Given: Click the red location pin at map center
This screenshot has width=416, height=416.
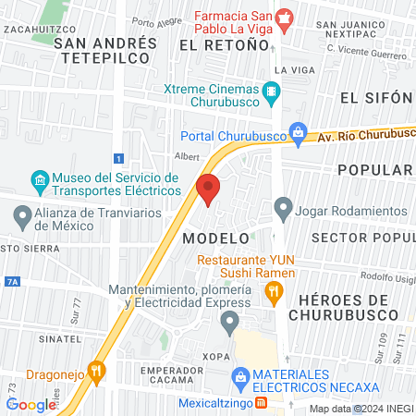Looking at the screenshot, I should pyautogui.click(x=208, y=188).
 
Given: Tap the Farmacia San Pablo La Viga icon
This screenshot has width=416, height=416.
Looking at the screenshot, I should pyautogui.click(x=285, y=17).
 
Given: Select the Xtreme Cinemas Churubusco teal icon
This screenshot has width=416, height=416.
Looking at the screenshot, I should pyautogui.click(x=271, y=91).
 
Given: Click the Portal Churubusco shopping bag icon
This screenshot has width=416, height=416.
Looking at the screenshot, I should pyautogui.click(x=298, y=135).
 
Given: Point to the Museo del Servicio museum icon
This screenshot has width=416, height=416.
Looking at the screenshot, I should pyautogui.click(x=40, y=179).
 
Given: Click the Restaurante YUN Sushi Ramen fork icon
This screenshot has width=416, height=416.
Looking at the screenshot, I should pyautogui.click(x=273, y=292).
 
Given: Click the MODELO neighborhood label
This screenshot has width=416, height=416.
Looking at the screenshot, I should pyautogui.click(x=216, y=238).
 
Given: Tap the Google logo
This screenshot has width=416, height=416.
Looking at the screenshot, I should pyautogui.click(x=31, y=404).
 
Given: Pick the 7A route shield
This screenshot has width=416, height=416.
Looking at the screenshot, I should pyautogui.click(x=11, y=280).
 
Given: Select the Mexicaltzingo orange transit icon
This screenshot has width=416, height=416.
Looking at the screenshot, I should pyautogui.click(x=261, y=403).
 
